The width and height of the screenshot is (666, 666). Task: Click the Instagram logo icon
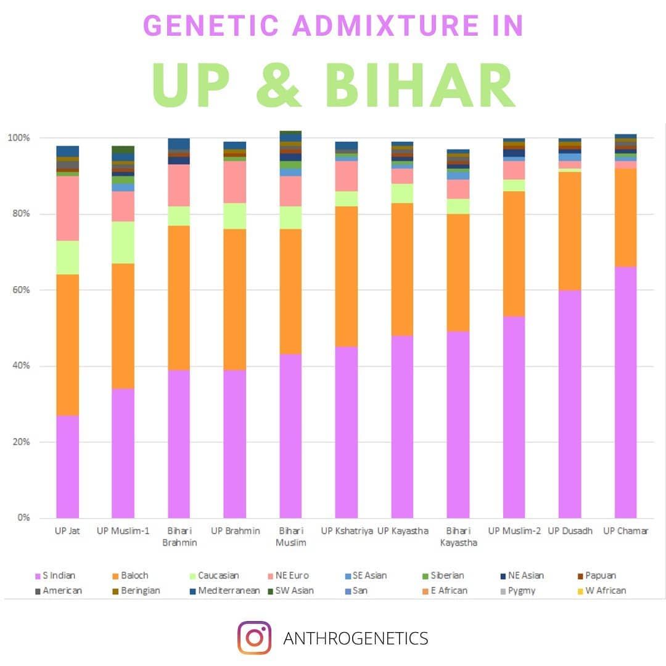254,638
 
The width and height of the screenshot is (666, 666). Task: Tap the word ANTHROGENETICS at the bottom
355,638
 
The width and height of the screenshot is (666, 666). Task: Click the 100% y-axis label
18,138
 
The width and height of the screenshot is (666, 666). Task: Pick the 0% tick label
23,518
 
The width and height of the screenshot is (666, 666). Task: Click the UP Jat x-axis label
67,531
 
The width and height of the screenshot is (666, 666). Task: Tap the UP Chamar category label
625,531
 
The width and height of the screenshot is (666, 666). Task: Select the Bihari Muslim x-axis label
290,536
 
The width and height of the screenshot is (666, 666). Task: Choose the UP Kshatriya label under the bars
347,531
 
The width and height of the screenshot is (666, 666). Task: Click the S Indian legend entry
59,575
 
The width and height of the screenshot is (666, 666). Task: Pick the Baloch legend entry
134,575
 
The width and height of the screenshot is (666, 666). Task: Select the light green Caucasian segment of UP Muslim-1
123,242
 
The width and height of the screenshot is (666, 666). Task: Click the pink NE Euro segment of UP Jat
67,208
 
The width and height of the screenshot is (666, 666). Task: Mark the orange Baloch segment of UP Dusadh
570,231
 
